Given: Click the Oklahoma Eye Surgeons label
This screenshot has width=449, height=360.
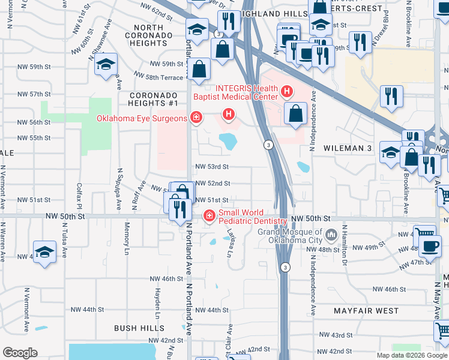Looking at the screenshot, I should tap(142, 118).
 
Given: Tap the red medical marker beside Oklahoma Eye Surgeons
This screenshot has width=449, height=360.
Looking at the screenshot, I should tap(196, 118).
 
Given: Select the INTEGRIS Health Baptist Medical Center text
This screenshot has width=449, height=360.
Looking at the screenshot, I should tap(236, 91).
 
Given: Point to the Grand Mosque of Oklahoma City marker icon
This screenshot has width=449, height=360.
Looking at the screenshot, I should tap(331, 233).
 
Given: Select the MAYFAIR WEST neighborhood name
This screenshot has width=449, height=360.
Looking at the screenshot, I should tap(366, 311).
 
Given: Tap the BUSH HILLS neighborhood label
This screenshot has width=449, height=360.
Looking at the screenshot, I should tap(139, 328).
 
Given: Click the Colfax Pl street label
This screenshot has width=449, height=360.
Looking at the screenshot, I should tap(79, 196).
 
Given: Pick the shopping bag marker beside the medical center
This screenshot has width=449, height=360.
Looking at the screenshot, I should tap(295, 113).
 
